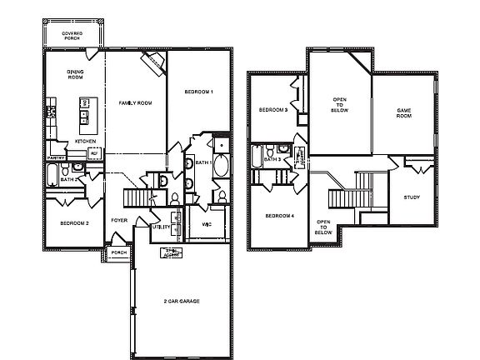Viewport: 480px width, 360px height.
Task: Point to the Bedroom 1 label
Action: point(197,91)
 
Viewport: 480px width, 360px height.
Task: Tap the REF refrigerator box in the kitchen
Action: point(94,153)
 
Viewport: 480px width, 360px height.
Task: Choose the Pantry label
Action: point(57,157)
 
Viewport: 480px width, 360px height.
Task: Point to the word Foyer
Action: point(119,220)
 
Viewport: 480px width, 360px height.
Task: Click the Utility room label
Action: point(160,227)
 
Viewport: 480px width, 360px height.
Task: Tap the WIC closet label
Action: point(207,224)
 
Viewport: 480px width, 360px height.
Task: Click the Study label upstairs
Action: point(412,197)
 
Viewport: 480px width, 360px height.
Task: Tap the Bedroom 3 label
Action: point(272,110)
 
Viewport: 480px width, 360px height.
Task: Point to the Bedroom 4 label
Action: point(278,216)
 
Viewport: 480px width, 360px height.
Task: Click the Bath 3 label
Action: point(272,158)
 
